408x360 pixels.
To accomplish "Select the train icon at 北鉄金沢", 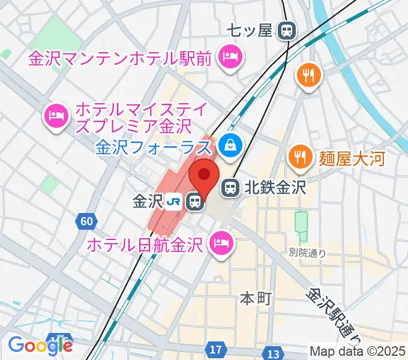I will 230,188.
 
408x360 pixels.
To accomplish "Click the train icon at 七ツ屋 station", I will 288,29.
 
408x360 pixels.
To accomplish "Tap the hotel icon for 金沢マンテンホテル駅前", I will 230,58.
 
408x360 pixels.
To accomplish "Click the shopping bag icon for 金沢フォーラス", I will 230,143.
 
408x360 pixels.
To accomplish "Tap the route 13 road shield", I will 274,352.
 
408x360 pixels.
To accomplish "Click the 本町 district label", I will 256,296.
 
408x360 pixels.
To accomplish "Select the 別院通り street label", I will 307,254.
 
